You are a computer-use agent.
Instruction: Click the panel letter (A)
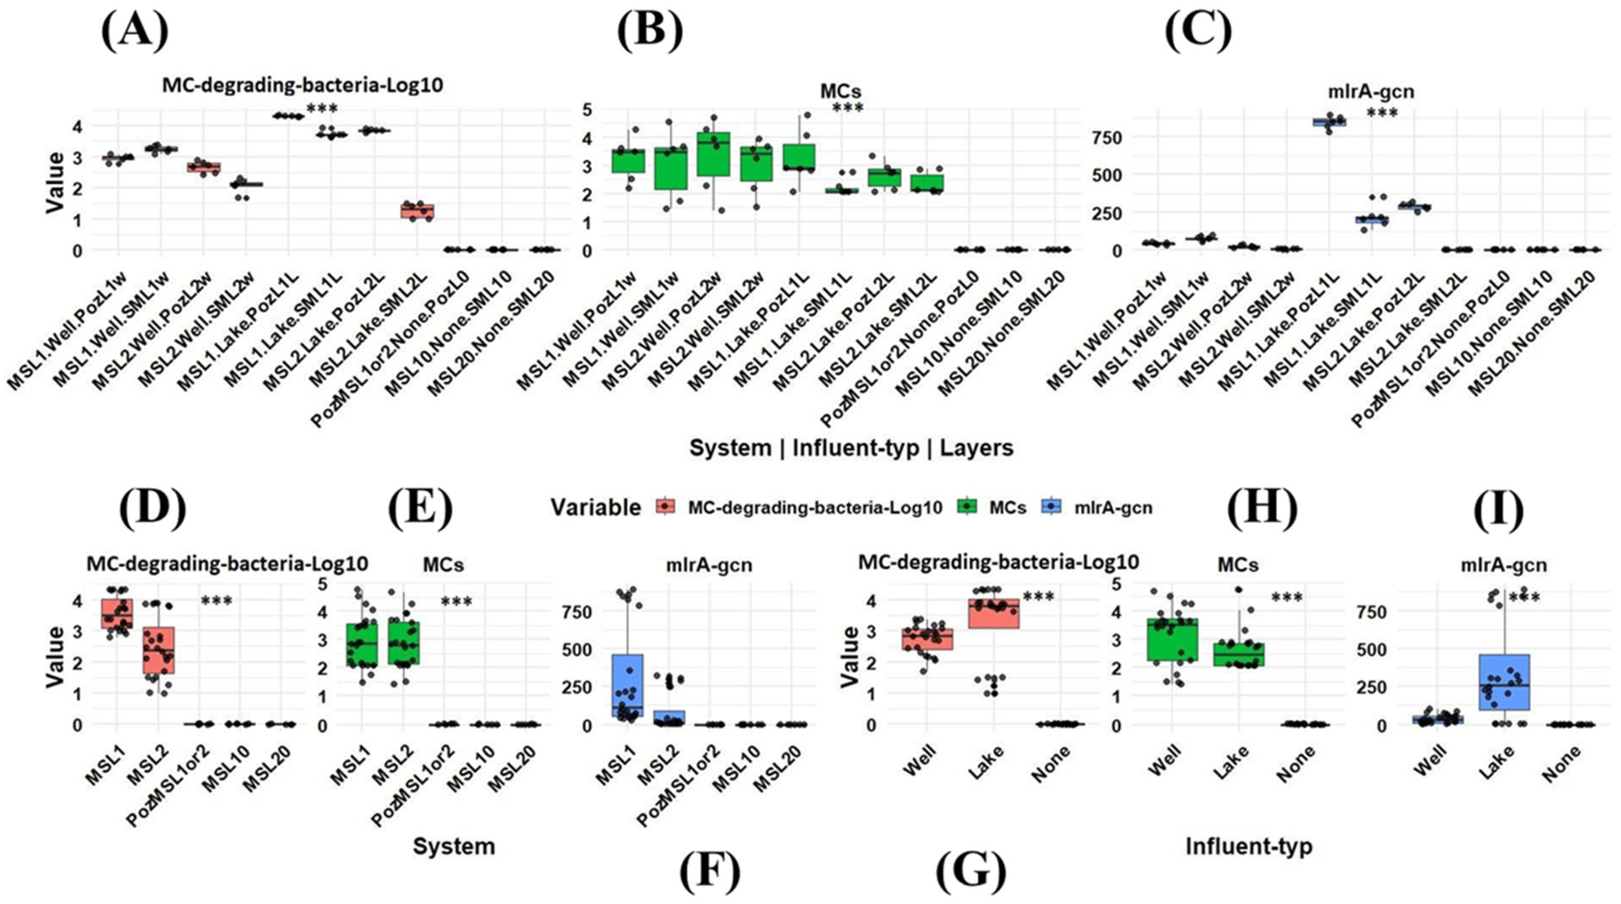pyautogui.click(x=135, y=32)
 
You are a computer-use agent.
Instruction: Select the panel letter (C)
pyautogui.click(x=1198, y=32)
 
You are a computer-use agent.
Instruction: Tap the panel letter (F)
pyautogui.click(x=710, y=873)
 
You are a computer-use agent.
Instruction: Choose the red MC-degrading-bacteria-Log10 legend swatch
pyautogui.click(x=665, y=507)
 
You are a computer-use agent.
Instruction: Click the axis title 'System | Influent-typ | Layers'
pyautogui.click(x=851, y=448)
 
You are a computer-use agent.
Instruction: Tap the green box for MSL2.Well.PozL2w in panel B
pyautogui.click(x=713, y=154)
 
